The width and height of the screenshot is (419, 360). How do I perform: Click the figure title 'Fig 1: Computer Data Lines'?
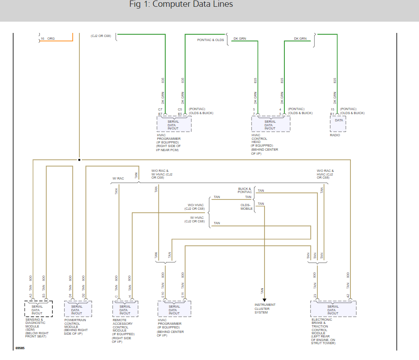coord(181,5)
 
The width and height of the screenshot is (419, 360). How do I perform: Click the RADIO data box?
coord(338,123)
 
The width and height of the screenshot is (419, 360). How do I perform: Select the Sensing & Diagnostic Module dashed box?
coord(39,310)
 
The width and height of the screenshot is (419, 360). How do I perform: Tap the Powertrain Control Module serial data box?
coord(78,310)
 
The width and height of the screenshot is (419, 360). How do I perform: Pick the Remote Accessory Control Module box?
coord(125,310)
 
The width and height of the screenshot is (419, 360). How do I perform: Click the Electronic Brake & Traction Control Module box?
coord(333,310)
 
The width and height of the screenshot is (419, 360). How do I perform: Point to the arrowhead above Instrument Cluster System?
coord(264,299)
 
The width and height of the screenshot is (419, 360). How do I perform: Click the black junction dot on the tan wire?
coord(79,160)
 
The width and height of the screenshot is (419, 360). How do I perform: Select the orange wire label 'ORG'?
coord(51,39)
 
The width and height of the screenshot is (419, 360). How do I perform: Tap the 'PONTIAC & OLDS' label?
coord(210,40)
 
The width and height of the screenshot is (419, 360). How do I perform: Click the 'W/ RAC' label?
coord(118,178)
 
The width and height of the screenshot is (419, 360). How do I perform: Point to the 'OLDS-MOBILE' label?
coord(247,207)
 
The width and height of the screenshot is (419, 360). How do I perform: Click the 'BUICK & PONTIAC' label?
coord(245,190)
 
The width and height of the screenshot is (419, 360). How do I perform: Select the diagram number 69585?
coord(20,348)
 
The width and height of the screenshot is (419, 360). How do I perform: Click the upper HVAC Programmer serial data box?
coord(174,124)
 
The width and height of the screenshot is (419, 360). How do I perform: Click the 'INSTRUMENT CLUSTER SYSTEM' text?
coord(264,309)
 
